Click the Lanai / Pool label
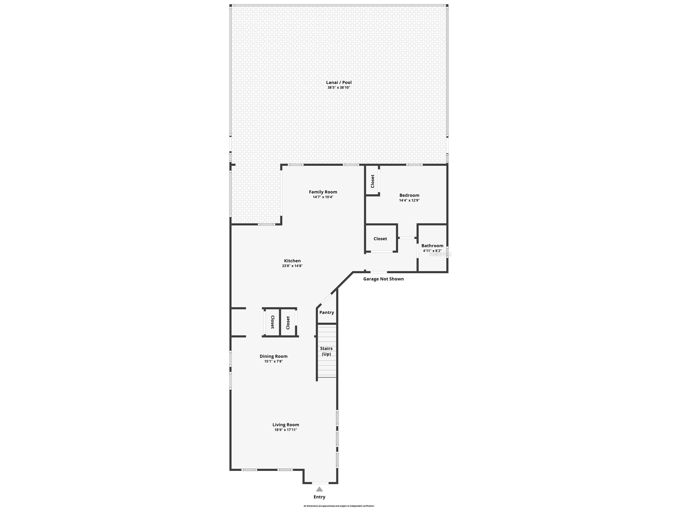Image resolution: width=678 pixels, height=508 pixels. (x=339, y=82)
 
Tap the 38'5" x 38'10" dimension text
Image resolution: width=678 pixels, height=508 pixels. (x=339, y=88)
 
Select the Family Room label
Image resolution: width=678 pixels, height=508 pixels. (x=323, y=192)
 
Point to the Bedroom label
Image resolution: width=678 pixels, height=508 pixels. (x=409, y=195)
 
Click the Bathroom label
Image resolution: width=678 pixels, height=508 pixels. (x=432, y=246)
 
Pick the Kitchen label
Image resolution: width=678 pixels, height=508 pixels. (x=292, y=261)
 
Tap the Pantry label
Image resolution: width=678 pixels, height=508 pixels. (x=326, y=312)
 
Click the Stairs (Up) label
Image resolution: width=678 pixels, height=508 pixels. (x=326, y=351)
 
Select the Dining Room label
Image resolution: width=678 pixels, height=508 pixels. (x=273, y=356)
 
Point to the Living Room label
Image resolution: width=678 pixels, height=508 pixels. (x=286, y=425)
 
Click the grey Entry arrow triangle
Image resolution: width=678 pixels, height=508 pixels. (x=319, y=489)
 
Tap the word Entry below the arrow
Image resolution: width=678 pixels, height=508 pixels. (x=319, y=497)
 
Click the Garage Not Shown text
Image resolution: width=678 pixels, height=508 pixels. (x=383, y=279)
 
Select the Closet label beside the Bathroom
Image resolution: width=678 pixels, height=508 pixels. (x=380, y=239)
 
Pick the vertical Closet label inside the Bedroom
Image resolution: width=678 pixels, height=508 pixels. (x=373, y=181)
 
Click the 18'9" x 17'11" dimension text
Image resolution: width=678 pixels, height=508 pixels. (x=286, y=430)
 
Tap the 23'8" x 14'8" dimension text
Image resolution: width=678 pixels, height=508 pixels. (x=292, y=266)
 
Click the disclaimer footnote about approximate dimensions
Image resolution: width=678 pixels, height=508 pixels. (x=339, y=506)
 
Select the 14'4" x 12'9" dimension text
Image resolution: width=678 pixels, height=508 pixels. (x=409, y=201)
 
